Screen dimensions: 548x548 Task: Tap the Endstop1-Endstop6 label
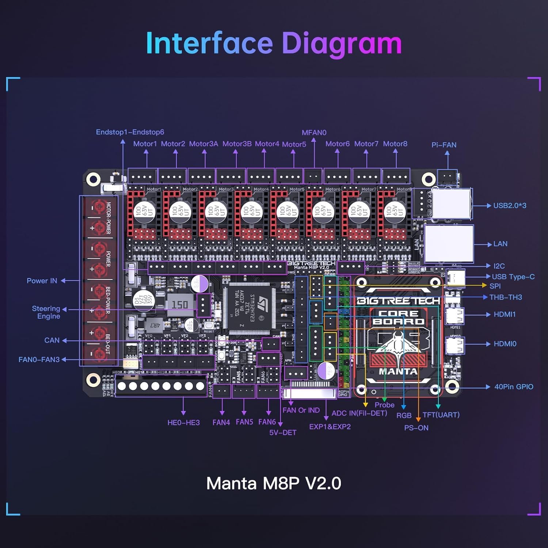pos(130,132)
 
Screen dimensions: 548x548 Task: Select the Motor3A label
pos(203,144)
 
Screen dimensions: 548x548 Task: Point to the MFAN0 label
pos(314,133)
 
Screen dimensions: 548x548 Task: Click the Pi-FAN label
pos(444,145)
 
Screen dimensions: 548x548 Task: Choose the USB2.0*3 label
pos(510,206)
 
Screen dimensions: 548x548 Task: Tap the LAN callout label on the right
pos(500,244)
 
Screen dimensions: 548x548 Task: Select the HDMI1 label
pos(505,315)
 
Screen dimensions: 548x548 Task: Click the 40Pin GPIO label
pos(514,387)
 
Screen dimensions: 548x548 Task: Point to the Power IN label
pos(42,281)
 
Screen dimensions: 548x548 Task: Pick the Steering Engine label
pos(46,312)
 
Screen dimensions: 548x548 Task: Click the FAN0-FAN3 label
pos(39,360)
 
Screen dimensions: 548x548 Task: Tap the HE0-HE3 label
pos(183,423)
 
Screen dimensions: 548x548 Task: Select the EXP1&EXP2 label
pos(330,427)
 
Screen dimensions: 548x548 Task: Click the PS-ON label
pos(416,428)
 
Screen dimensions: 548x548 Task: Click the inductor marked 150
pos(180,304)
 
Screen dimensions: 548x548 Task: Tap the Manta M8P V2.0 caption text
pos(274,483)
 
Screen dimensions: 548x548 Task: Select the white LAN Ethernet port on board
pos(449,244)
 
